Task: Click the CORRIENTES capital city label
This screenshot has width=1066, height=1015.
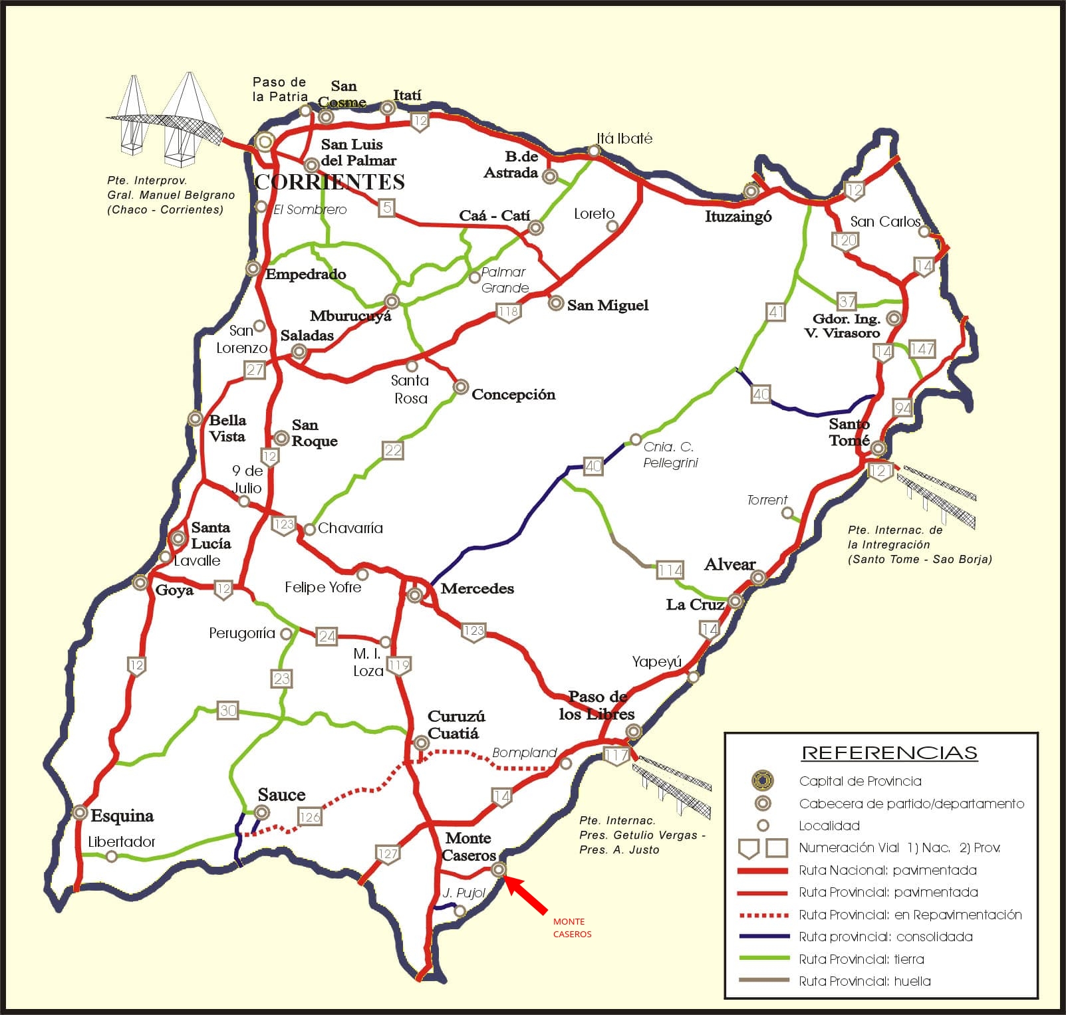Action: pyautogui.click(x=330, y=182)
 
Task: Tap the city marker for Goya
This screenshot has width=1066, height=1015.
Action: pyautogui.click(x=140, y=583)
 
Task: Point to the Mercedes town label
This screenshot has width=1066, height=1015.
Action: pyautogui.click(x=477, y=588)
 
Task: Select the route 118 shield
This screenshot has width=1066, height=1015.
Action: pyautogui.click(x=508, y=312)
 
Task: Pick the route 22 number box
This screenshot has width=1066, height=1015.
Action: pyautogui.click(x=393, y=450)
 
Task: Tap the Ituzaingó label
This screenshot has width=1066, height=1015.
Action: pyautogui.click(x=738, y=216)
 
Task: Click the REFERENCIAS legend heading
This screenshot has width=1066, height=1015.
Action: pyautogui.click(x=889, y=752)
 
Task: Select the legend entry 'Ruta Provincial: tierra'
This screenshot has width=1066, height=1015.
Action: pyautogui.click(x=861, y=959)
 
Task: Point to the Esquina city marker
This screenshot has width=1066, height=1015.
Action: pyautogui.click(x=80, y=812)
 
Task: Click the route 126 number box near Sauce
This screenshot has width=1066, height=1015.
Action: pyautogui.click(x=310, y=817)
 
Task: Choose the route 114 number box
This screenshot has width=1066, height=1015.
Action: pyautogui.click(x=670, y=570)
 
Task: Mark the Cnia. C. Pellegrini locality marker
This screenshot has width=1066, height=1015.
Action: pyautogui.click(x=636, y=440)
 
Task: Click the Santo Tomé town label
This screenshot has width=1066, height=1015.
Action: pyautogui.click(x=849, y=432)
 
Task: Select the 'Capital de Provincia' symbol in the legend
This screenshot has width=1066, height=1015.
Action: pyautogui.click(x=763, y=780)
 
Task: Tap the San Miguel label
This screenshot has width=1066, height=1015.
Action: pyautogui.click(x=607, y=305)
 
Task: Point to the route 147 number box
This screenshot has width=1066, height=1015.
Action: pyautogui.click(x=922, y=349)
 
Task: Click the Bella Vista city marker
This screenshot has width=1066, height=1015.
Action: pyautogui.click(x=195, y=419)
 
